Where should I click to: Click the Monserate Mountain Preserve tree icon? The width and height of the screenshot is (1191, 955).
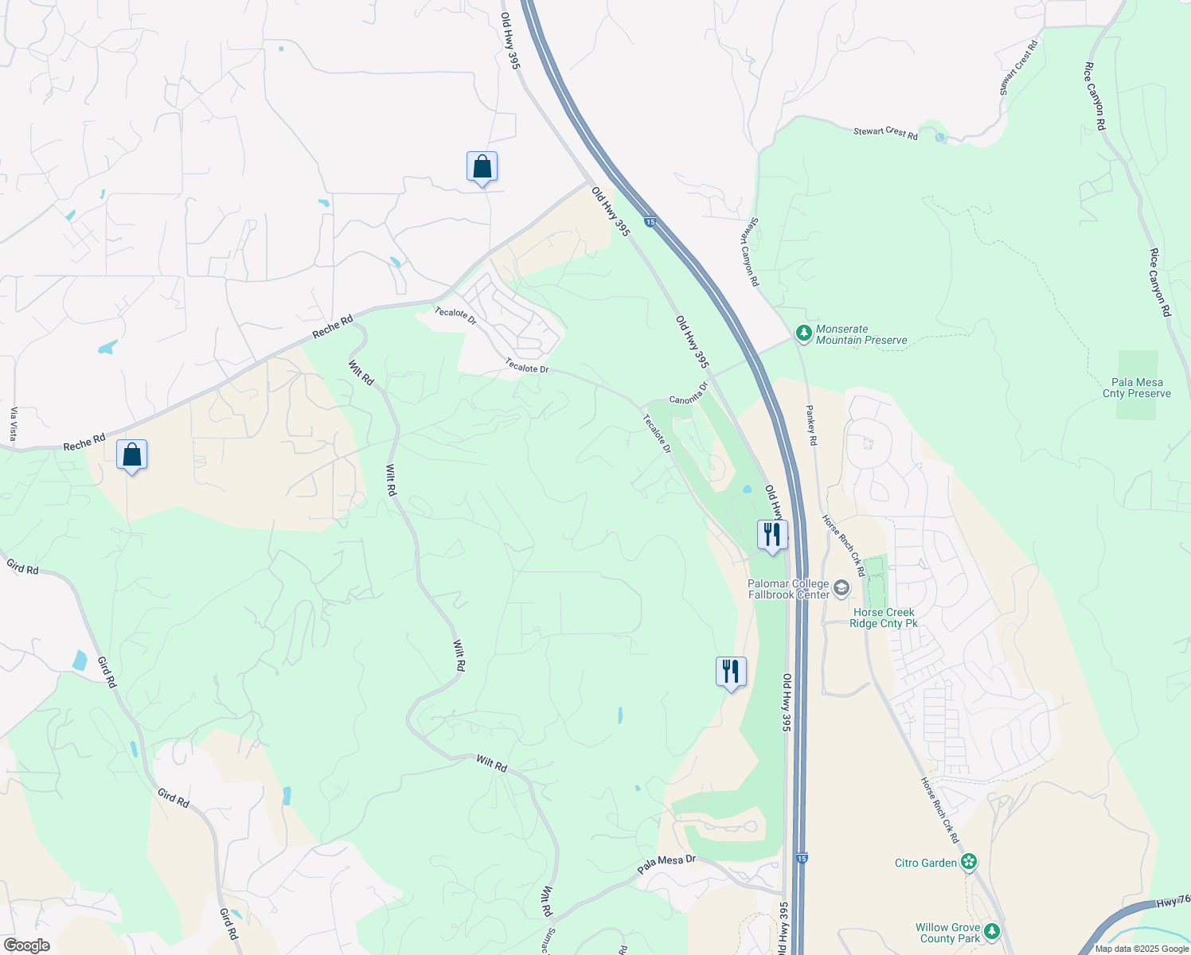(803, 333)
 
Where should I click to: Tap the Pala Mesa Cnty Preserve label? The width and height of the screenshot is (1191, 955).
(1136, 388)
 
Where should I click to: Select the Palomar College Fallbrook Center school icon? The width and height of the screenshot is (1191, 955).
(842, 589)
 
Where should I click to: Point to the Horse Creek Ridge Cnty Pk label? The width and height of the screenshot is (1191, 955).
(883, 618)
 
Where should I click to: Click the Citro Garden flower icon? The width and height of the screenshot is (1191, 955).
(968, 862)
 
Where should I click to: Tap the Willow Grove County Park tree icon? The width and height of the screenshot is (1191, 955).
(991, 931)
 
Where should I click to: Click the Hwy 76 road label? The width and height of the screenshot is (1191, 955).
(1173, 901)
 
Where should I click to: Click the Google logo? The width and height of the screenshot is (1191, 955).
(26, 945)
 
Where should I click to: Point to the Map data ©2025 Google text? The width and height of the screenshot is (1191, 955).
(1142, 949)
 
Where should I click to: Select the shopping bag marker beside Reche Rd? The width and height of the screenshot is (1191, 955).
(131, 456)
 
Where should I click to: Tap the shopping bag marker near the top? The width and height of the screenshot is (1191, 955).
(482, 168)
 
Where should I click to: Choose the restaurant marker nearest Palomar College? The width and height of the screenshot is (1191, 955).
(771, 535)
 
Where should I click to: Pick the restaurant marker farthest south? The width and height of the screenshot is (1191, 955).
(730, 672)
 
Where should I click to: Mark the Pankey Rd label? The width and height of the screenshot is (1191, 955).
(811, 425)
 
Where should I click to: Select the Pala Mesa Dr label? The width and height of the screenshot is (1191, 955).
(666, 864)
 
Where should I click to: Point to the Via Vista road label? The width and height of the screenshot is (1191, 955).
(13, 424)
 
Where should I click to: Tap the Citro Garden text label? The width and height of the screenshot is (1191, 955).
(926, 863)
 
